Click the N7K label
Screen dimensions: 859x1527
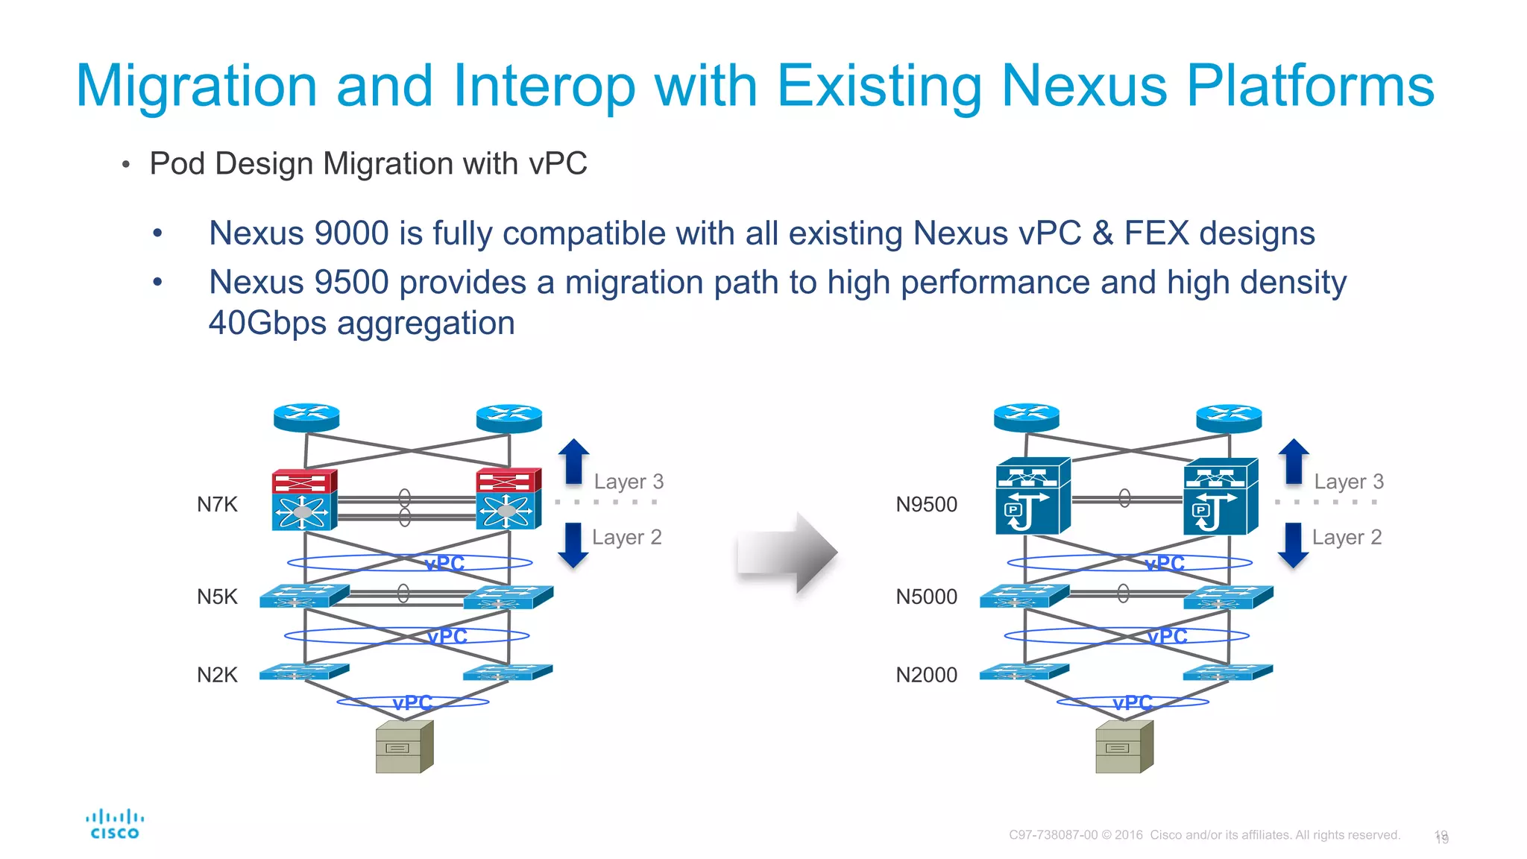click(x=217, y=505)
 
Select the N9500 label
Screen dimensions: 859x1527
click(x=926, y=505)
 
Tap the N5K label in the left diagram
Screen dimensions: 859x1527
click(x=217, y=597)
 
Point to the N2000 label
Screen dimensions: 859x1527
click(x=926, y=675)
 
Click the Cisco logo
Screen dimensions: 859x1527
click(x=115, y=825)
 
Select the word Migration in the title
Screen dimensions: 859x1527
click(x=197, y=86)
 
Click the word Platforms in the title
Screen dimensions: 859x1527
click(x=1309, y=86)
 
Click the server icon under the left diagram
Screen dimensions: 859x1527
click(x=404, y=747)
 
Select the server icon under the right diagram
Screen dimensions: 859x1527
click(x=1124, y=747)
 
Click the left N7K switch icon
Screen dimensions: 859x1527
click(x=304, y=500)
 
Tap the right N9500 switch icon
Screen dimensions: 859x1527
click(x=1220, y=497)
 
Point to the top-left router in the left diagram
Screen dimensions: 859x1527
click(x=306, y=418)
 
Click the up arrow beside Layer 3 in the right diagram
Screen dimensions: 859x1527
click(x=1294, y=461)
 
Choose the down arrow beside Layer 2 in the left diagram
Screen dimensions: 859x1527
click(x=573, y=545)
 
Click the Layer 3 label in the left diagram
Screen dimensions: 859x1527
click(x=629, y=482)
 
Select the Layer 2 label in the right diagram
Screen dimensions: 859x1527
click(x=1347, y=538)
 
